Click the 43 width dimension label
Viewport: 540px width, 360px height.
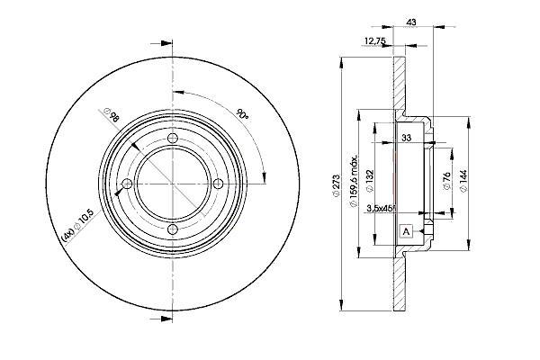411,22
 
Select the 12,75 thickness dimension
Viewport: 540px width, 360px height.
374,41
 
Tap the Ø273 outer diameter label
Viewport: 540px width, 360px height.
336,185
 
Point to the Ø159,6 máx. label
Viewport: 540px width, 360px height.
354,181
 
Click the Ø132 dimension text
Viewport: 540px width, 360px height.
370,181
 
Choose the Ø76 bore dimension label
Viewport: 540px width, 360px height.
446,181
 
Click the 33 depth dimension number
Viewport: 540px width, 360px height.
407,138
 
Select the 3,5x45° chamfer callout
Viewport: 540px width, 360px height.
382,208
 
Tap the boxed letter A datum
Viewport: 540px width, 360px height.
407,231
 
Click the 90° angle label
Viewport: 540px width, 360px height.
242,114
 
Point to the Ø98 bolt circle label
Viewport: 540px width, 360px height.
112,115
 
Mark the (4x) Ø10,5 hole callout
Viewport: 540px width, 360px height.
76,225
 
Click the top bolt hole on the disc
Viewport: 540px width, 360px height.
172,139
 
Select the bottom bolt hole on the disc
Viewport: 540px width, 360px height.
172,229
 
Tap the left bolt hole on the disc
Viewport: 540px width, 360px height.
127,184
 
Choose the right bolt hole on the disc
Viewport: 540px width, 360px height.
218,184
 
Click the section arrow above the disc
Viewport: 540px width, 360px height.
161,43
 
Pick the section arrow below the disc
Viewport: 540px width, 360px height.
161,319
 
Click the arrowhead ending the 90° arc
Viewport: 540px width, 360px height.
264,177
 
